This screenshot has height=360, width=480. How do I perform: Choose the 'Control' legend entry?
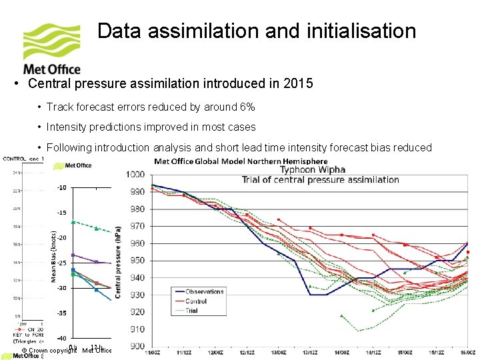click(x=196, y=301)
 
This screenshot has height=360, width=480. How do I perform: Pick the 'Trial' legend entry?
click(x=192, y=310)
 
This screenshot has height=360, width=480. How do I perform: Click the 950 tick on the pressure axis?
click(x=136, y=261)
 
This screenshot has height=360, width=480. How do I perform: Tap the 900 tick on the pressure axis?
click(x=136, y=346)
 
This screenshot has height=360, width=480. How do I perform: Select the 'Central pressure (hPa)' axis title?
click(x=118, y=260)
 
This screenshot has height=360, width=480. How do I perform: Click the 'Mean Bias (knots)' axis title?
click(x=53, y=257)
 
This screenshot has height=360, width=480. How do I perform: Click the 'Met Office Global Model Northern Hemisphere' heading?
click(x=241, y=161)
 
